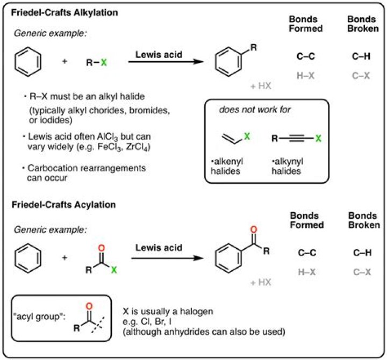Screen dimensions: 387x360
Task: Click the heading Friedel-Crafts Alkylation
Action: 64,12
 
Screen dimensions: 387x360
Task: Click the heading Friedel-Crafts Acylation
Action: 63,205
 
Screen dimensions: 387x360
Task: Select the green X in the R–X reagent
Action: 104,62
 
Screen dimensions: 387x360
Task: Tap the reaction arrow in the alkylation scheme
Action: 166,62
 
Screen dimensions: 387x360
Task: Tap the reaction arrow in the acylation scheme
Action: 167,258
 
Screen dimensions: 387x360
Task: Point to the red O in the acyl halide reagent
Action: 101,248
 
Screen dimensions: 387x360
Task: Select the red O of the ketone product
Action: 254,229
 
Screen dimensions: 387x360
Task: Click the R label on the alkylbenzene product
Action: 254,47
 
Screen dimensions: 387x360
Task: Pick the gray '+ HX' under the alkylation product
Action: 261,86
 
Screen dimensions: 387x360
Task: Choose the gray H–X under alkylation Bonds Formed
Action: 305,76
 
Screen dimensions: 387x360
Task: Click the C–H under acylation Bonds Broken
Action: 362,253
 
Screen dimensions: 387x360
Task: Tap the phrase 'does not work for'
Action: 255,109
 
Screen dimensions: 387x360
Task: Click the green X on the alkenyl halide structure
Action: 247,136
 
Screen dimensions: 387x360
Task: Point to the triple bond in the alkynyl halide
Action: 296,139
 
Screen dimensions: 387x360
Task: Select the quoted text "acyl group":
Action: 39,316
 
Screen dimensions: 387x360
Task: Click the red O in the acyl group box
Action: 89,306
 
